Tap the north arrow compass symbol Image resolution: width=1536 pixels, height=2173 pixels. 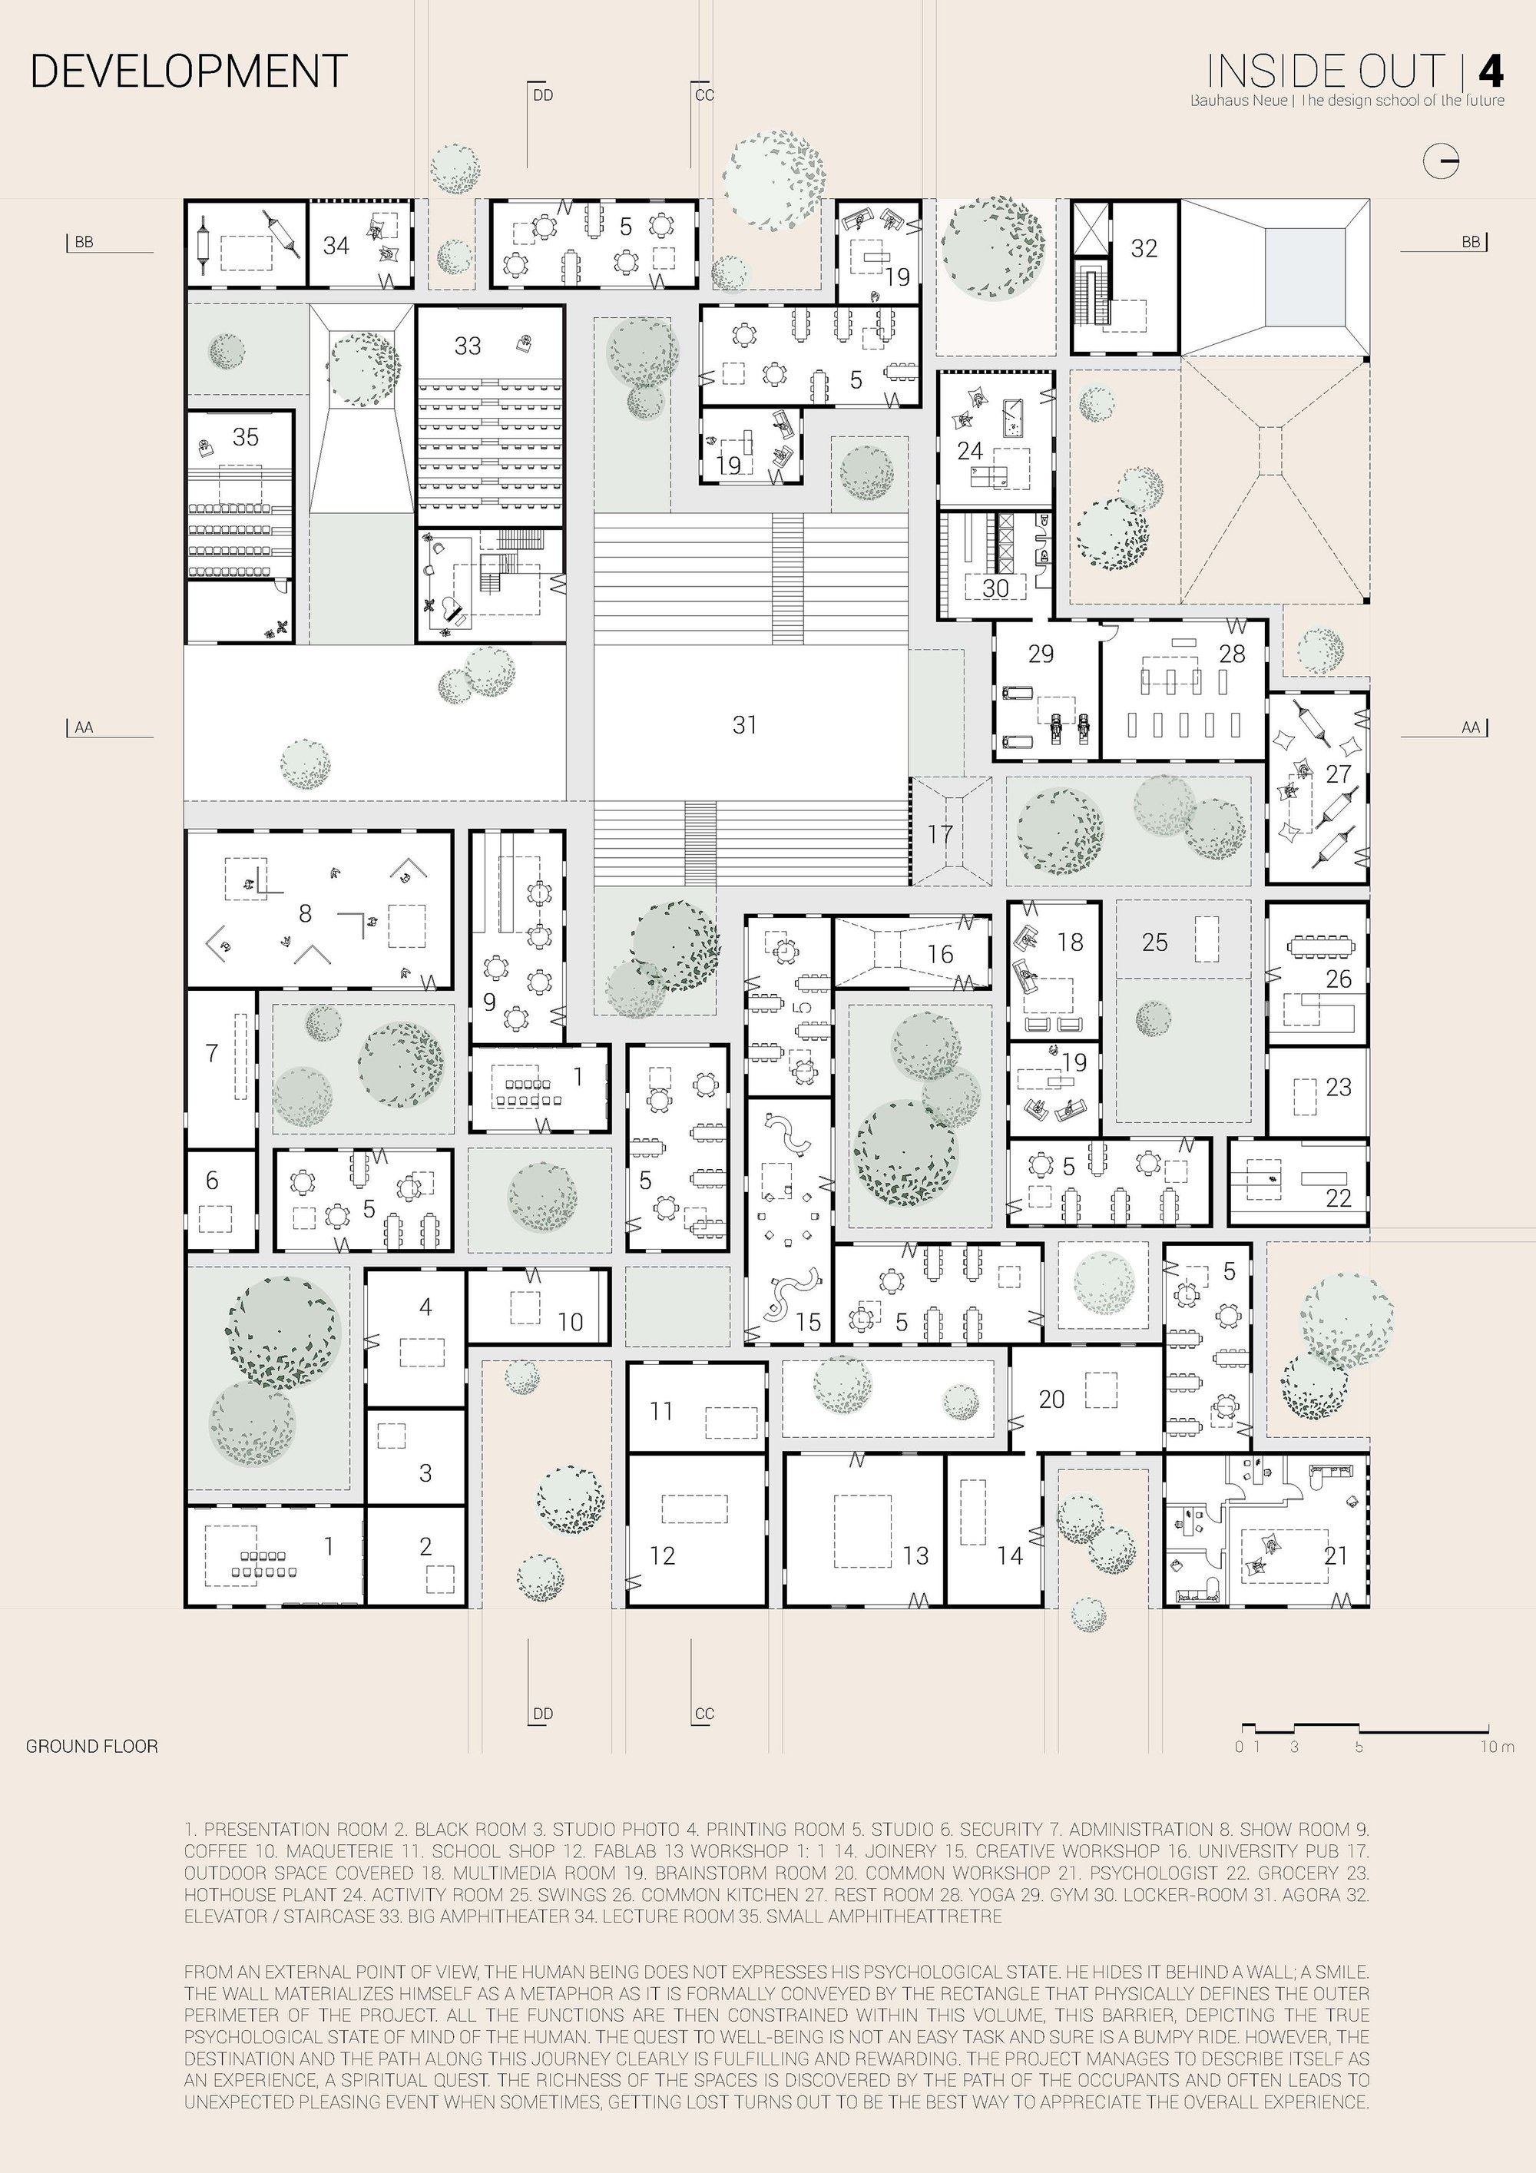1442,161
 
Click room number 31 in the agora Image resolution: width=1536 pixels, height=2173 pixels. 745,724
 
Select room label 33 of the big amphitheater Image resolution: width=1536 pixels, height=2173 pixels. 468,346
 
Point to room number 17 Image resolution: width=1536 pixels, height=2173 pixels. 940,834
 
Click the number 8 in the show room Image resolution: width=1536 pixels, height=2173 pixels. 305,913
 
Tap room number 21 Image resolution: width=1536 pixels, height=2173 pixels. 1336,1555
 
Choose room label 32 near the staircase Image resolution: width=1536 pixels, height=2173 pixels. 1144,248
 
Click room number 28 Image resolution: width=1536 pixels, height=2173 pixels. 1232,653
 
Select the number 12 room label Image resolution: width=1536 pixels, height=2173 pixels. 663,1555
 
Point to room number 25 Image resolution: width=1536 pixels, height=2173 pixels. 1154,942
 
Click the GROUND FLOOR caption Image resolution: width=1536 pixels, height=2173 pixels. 92,1746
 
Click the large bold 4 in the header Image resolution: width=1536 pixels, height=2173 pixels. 1491,72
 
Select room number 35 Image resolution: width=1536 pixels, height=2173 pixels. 245,436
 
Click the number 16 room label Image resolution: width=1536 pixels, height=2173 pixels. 940,953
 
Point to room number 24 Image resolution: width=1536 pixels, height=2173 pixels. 970,450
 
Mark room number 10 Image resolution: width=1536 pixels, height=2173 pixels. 570,1322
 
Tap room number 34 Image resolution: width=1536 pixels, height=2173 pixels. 336,245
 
